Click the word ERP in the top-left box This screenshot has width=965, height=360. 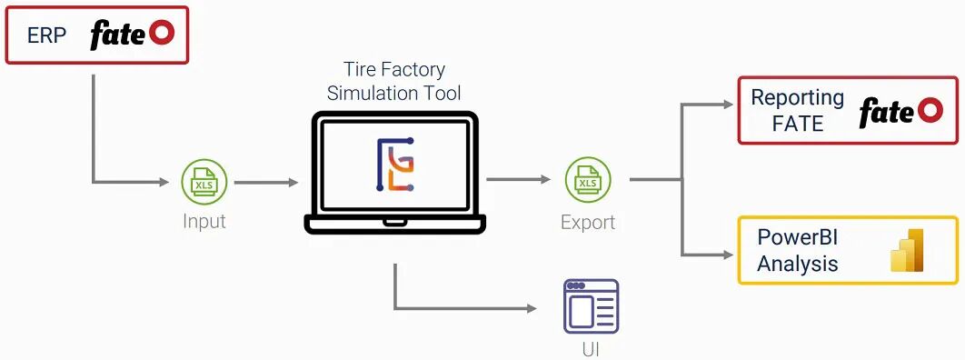(x=46, y=35)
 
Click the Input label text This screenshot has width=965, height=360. (x=204, y=221)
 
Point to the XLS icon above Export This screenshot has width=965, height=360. (x=588, y=180)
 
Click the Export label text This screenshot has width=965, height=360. (x=588, y=222)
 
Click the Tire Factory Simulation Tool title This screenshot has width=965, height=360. (x=393, y=81)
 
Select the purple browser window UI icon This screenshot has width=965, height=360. (x=591, y=306)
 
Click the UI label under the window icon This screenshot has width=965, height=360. (x=591, y=349)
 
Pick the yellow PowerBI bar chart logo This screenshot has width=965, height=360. (x=907, y=250)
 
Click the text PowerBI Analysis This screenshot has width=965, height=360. (x=798, y=251)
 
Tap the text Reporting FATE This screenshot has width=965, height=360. (x=798, y=111)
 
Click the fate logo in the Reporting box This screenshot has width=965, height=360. (x=900, y=112)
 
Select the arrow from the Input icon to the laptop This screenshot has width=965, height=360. (x=266, y=182)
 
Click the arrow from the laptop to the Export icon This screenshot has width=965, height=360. (x=518, y=180)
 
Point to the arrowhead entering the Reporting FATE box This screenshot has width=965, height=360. (x=729, y=105)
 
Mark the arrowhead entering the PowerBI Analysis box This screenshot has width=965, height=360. (x=729, y=255)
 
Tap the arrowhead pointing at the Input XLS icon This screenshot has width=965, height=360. (x=164, y=182)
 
